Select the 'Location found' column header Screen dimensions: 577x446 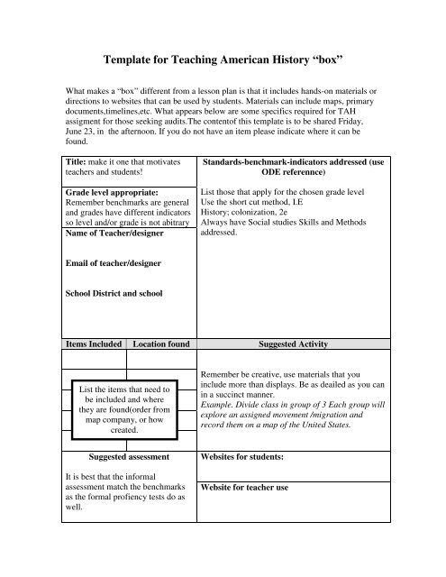point(160,343)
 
